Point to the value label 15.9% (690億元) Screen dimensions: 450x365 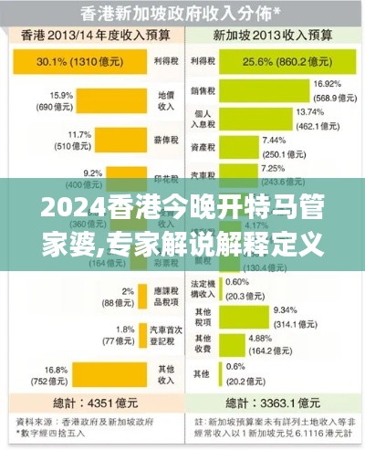62,99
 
